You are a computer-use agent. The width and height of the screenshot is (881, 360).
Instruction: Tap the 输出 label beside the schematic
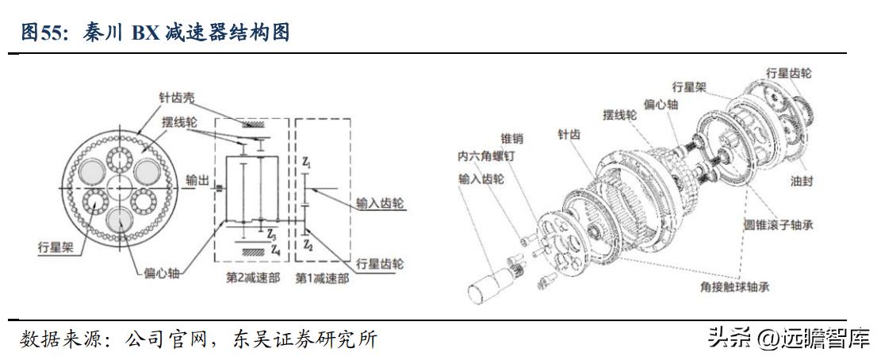197,181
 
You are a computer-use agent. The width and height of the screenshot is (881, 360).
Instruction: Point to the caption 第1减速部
320,278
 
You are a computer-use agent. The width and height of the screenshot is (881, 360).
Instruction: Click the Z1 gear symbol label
307,165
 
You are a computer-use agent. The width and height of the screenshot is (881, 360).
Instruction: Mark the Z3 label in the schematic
272,236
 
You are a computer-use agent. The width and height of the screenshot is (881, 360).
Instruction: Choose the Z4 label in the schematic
274,250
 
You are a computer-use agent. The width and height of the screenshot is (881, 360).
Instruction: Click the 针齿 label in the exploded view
569,136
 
